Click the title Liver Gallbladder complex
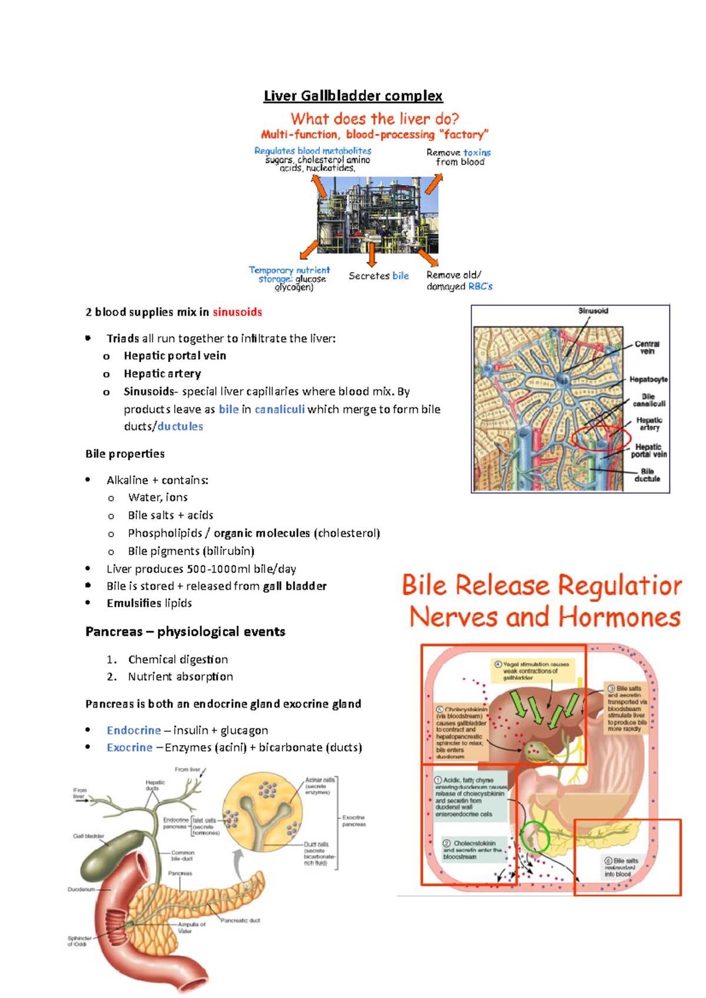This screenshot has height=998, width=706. [353, 96]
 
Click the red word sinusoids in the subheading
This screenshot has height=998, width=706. [237, 312]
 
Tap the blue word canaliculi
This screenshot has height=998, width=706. [279, 409]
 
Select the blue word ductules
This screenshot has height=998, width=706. [180, 427]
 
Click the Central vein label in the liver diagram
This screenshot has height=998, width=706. [647, 347]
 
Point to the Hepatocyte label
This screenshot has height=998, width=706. [648, 380]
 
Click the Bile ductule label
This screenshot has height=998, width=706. [647, 475]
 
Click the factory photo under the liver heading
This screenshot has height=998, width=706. [377, 215]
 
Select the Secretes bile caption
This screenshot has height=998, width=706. [378, 276]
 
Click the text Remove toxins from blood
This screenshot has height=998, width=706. [459, 157]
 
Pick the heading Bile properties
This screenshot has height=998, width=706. [125, 454]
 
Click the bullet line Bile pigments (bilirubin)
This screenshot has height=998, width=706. [191, 551]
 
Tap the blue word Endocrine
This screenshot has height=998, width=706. [134, 730]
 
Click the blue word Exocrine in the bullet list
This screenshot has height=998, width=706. [129, 748]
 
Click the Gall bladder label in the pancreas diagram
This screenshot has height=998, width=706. [89, 836]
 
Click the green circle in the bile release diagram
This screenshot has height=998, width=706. [535, 836]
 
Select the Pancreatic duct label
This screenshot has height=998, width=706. [240, 920]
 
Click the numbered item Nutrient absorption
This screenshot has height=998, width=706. [180, 677]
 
